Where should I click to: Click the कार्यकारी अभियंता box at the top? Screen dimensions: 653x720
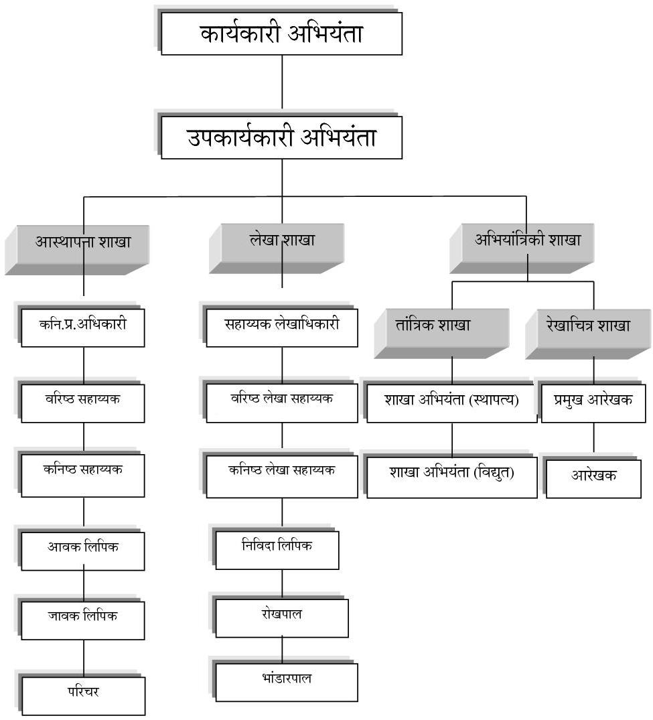(x=281, y=33)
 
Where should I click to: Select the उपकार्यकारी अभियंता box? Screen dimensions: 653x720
(x=281, y=137)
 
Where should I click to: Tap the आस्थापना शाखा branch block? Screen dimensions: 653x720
(x=77, y=250)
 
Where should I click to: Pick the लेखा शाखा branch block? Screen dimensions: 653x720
(x=277, y=248)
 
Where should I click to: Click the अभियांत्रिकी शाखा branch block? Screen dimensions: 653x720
(x=522, y=248)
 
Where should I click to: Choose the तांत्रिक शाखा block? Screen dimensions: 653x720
(x=441, y=334)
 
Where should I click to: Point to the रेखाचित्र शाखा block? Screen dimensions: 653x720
(x=588, y=334)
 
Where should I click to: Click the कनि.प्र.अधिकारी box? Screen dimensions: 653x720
(x=83, y=328)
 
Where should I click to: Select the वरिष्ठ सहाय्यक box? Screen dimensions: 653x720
(x=83, y=403)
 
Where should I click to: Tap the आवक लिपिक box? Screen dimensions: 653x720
(x=83, y=551)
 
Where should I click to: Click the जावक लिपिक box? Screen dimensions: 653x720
(x=83, y=620)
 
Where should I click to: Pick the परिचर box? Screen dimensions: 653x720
(x=84, y=696)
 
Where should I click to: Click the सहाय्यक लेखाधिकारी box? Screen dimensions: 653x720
(x=282, y=328)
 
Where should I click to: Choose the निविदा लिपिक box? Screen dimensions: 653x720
(x=277, y=550)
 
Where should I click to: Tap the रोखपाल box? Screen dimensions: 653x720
(x=282, y=618)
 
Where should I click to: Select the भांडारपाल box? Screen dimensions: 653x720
(x=287, y=682)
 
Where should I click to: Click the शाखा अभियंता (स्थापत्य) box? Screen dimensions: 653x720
(x=452, y=403)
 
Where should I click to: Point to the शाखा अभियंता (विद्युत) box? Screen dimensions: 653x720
(x=452, y=477)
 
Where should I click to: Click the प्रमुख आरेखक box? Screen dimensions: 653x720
(x=593, y=403)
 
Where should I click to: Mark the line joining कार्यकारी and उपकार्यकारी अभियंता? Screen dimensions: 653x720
(x=282, y=86)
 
